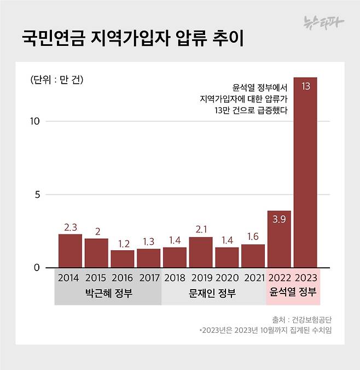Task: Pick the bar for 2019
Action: [x=200, y=252]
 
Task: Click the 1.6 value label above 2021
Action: [x=253, y=237]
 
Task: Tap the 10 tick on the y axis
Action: [x=35, y=121]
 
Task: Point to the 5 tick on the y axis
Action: [x=37, y=195]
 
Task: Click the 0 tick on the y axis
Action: [x=37, y=268]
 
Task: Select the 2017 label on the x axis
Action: [x=149, y=278]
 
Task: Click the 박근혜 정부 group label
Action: [x=108, y=293]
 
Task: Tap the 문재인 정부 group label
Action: [x=214, y=293]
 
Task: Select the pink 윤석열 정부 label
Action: [x=293, y=292]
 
